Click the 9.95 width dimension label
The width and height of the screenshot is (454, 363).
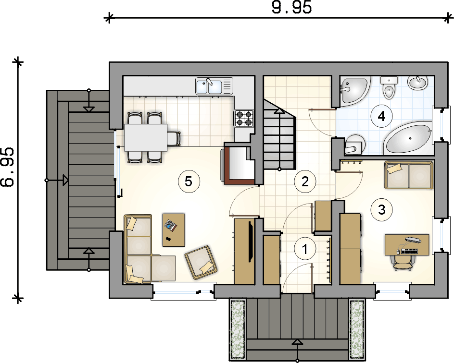point(291,7)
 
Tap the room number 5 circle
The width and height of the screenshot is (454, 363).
point(189,182)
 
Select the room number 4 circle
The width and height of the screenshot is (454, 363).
point(381,117)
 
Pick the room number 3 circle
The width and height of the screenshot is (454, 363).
point(381,210)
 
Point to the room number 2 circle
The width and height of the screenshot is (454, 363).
point(305,182)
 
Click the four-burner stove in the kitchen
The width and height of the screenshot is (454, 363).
point(243,118)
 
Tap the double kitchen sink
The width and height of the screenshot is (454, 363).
point(214,86)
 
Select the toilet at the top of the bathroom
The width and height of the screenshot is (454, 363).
point(388,87)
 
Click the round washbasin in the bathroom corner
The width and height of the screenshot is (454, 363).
point(417,83)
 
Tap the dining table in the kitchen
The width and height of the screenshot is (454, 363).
point(146,138)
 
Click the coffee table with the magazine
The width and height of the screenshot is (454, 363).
point(174,230)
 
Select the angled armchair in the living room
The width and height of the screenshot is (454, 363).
point(202,263)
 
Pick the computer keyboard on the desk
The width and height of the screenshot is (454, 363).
point(409,251)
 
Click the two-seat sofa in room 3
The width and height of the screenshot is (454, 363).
point(409,175)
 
